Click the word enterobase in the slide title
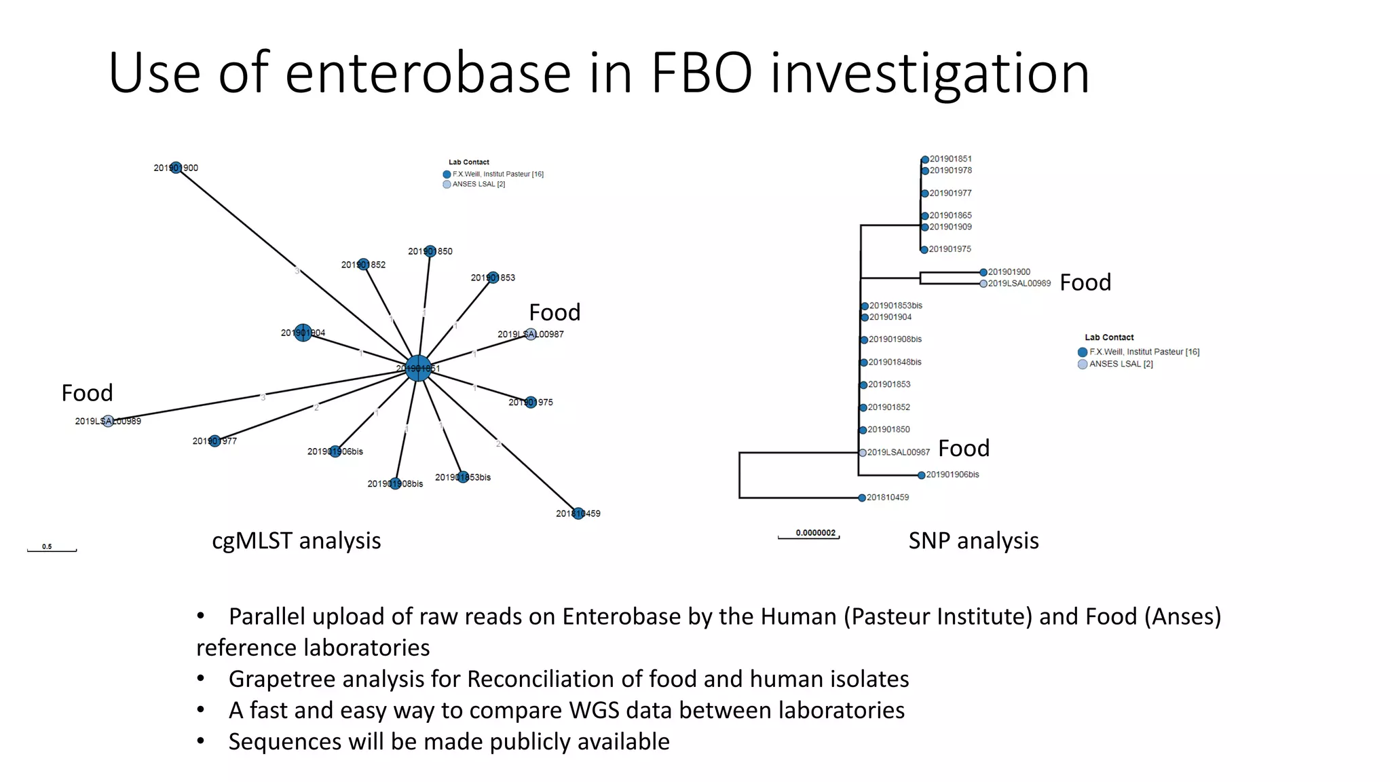(x=428, y=73)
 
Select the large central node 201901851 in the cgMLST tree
(x=418, y=368)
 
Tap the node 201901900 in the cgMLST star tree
(x=176, y=168)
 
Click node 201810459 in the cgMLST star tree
(x=578, y=513)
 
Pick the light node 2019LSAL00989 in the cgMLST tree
(x=108, y=421)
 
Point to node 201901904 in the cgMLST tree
(x=303, y=333)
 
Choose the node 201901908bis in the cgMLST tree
(x=396, y=483)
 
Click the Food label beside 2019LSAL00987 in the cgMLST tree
(x=555, y=312)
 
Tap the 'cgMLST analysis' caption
(x=296, y=541)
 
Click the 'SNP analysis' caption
(x=973, y=541)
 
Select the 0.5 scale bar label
(x=47, y=546)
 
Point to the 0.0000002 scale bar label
(x=816, y=533)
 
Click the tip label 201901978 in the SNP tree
(x=950, y=170)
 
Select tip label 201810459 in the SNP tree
(x=888, y=498)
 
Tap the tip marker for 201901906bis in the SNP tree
(x=921, y=475)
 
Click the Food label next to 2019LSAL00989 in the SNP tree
(x=1085, y=282)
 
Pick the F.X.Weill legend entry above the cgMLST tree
(x=497, y=174)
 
